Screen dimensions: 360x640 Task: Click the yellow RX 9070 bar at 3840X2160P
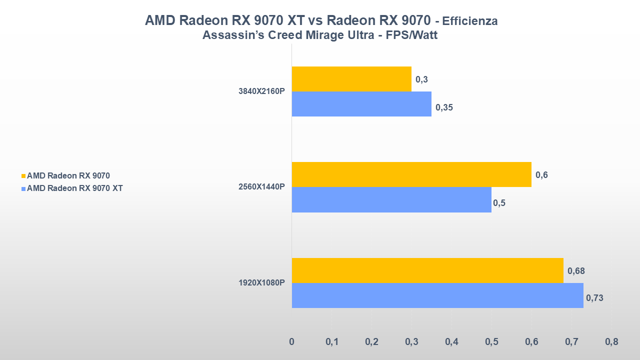351,79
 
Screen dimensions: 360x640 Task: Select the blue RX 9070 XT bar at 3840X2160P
361,104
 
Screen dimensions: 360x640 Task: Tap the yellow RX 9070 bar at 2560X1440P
411,174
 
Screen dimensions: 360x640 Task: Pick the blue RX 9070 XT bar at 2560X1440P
391,199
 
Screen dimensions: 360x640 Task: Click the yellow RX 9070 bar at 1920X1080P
427,270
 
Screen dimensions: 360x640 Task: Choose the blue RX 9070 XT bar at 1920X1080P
437,295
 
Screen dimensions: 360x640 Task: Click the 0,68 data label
576,271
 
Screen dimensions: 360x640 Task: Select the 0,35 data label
444,107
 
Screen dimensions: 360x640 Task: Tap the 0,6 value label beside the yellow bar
541,175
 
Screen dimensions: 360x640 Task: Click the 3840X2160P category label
261,91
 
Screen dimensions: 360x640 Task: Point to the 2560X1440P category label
261,187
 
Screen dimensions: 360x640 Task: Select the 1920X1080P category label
261,283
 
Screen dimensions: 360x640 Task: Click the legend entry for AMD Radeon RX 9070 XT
74,188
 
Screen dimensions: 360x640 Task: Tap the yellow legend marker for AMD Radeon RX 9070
23,176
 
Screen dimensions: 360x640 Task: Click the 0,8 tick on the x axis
611,342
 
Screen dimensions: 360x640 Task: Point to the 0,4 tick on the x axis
451,342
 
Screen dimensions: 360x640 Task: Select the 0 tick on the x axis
292,342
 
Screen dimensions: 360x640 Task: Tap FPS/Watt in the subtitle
412,35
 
